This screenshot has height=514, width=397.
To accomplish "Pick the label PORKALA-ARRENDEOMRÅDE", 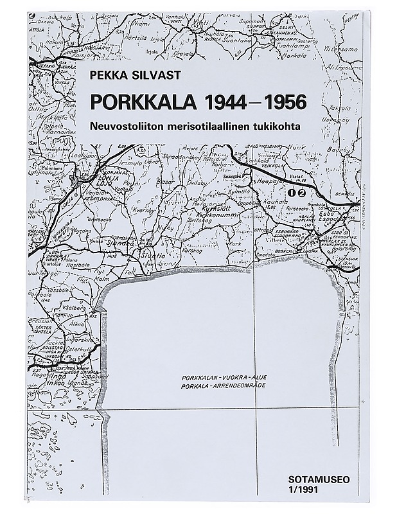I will tap(223, 388).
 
